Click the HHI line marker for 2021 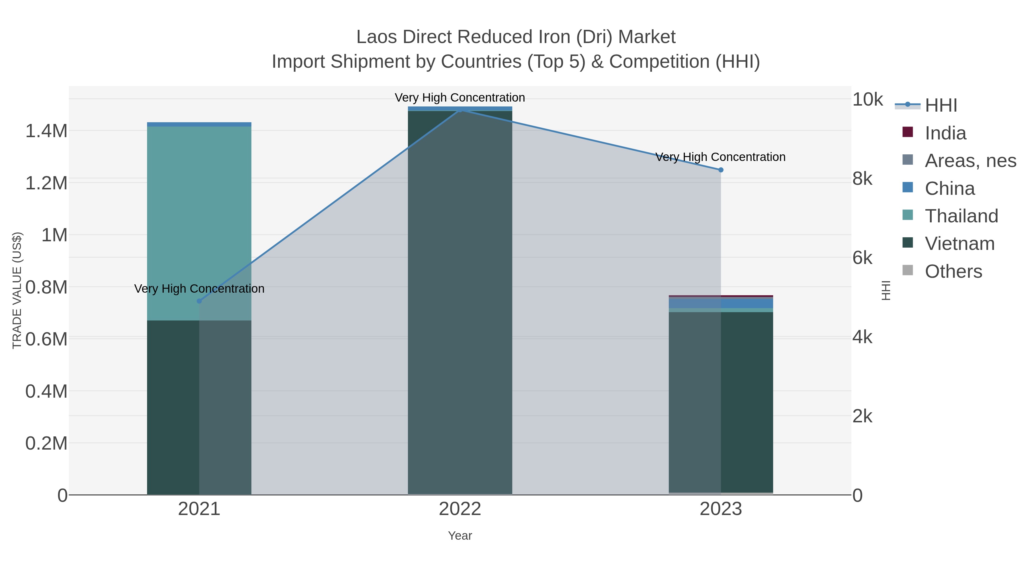point(199,301)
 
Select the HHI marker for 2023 point(721,170)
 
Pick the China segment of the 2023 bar point(721,304)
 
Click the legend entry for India point(945,133)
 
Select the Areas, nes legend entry point(970,161)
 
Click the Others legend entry point(953,271)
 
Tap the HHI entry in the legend point(941,106)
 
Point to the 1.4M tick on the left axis point(46,131)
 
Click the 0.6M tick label point(46,339)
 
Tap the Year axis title point(460,536)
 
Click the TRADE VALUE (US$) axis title point(17,290)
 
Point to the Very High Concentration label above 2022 point(460,98)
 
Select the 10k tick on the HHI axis point(867,100)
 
